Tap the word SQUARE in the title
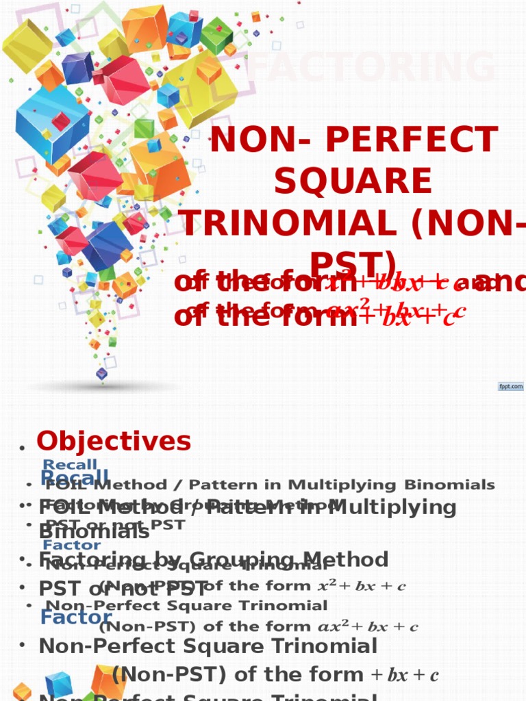353,181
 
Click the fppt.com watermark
510,387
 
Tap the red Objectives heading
114,442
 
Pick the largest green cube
216,36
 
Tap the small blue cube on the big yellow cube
168,95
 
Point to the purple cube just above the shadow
102,373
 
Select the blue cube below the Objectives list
58,683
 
